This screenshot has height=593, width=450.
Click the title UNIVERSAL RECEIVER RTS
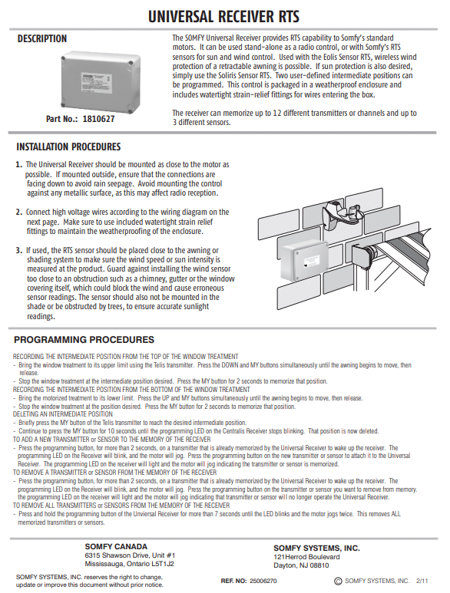[x=223, y=17]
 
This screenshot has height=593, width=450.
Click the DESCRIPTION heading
[x=42, y=38]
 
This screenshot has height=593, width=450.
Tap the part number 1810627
[x=99, y=119]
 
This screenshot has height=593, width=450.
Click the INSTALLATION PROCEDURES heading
[x=68, y=147]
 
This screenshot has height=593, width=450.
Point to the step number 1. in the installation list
[x=19, y=164]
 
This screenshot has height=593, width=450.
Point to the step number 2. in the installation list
[x=19, y=212]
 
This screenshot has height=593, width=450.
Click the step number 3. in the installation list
[x=19, y=250]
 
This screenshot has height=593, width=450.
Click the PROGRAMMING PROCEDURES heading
[x=84, y=340]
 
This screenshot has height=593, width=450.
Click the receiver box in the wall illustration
[x=305, y=262]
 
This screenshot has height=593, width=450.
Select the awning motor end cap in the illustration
[x=364, y=255]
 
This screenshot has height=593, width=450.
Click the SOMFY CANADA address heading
[x=116, y=546]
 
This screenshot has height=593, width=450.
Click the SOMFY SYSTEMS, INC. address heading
[x=317, y=548]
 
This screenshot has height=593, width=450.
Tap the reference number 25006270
[x=263, y=581]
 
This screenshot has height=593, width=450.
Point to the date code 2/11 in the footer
[x=422, y=581]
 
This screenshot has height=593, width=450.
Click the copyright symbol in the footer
[x=339, y=581]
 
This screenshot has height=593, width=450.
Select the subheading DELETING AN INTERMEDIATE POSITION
[x=58, y=414]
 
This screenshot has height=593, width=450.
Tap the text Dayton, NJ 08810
[x=301, y=565]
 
